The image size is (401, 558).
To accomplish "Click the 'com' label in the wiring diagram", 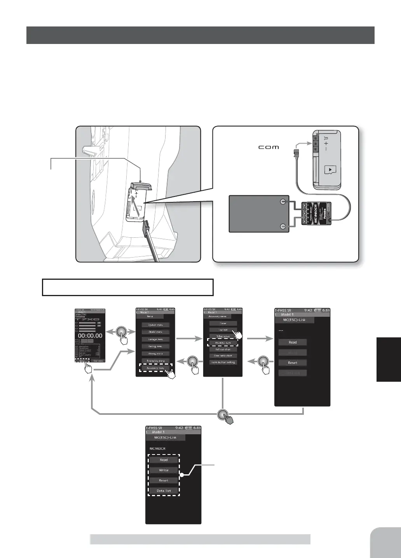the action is pyautogui.click(x=268, y=147).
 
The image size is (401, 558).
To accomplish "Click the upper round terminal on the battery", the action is pyautogui.click(x=283, y=202).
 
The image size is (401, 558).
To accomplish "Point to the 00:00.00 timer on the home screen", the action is pyautogui.click(x=90, y=335).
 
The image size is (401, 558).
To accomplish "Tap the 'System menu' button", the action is pyautogui.click(x=155, y=325).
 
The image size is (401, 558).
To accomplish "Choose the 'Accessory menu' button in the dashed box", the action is pyautogui.click(x=155, y=368).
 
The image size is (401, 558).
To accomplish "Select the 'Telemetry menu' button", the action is pyautogui.click(x=155, y=361).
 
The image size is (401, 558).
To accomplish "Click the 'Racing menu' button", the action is pyautogui.click(x=155, y=346).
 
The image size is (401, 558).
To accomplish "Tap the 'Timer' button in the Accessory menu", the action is pyautogui.click(x=223, y=323).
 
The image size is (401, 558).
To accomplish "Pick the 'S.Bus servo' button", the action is pyautogui.click(x=223, y=336).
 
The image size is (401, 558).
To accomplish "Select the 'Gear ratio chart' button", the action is pyautogui.click(x=223, y=356).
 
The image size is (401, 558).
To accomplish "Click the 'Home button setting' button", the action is pyautogui.click(x=223, y=362).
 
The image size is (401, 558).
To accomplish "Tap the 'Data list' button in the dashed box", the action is pyautogui.click(x=164, y=491).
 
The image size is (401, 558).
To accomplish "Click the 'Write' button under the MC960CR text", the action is pyautogui.click(x=164, y=470).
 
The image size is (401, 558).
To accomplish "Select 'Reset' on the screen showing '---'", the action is pyautogui.click(x=293, y=363).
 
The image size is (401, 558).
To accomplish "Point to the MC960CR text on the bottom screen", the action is pyautogui.click(x=157, y=449).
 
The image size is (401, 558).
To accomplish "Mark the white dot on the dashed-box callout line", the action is pyautogui.click(x=181, y=475).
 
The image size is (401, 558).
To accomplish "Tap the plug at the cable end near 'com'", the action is pyautogui.click(x=297, y=150).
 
